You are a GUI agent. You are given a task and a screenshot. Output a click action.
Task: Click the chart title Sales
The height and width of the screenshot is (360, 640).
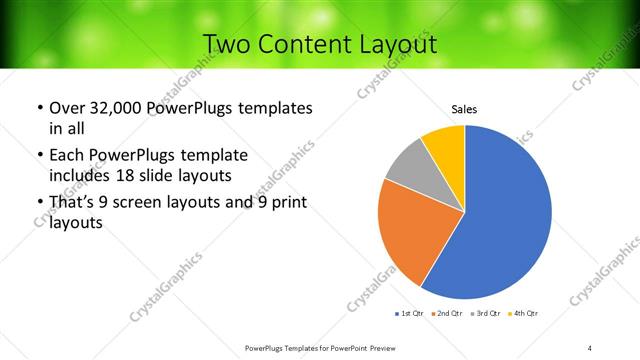464,109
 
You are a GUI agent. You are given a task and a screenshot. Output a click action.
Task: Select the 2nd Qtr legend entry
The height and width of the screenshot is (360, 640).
447,314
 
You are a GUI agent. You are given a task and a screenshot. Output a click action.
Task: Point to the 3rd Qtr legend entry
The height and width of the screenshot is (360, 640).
486,314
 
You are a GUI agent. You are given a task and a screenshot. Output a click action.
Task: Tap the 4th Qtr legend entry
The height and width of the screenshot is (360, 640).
524,314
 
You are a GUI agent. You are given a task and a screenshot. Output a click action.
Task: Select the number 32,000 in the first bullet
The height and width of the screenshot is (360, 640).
109,108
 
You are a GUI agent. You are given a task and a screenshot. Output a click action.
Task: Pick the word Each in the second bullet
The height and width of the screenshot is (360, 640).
65,156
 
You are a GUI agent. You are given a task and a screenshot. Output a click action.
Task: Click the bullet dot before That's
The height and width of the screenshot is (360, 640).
38,205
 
